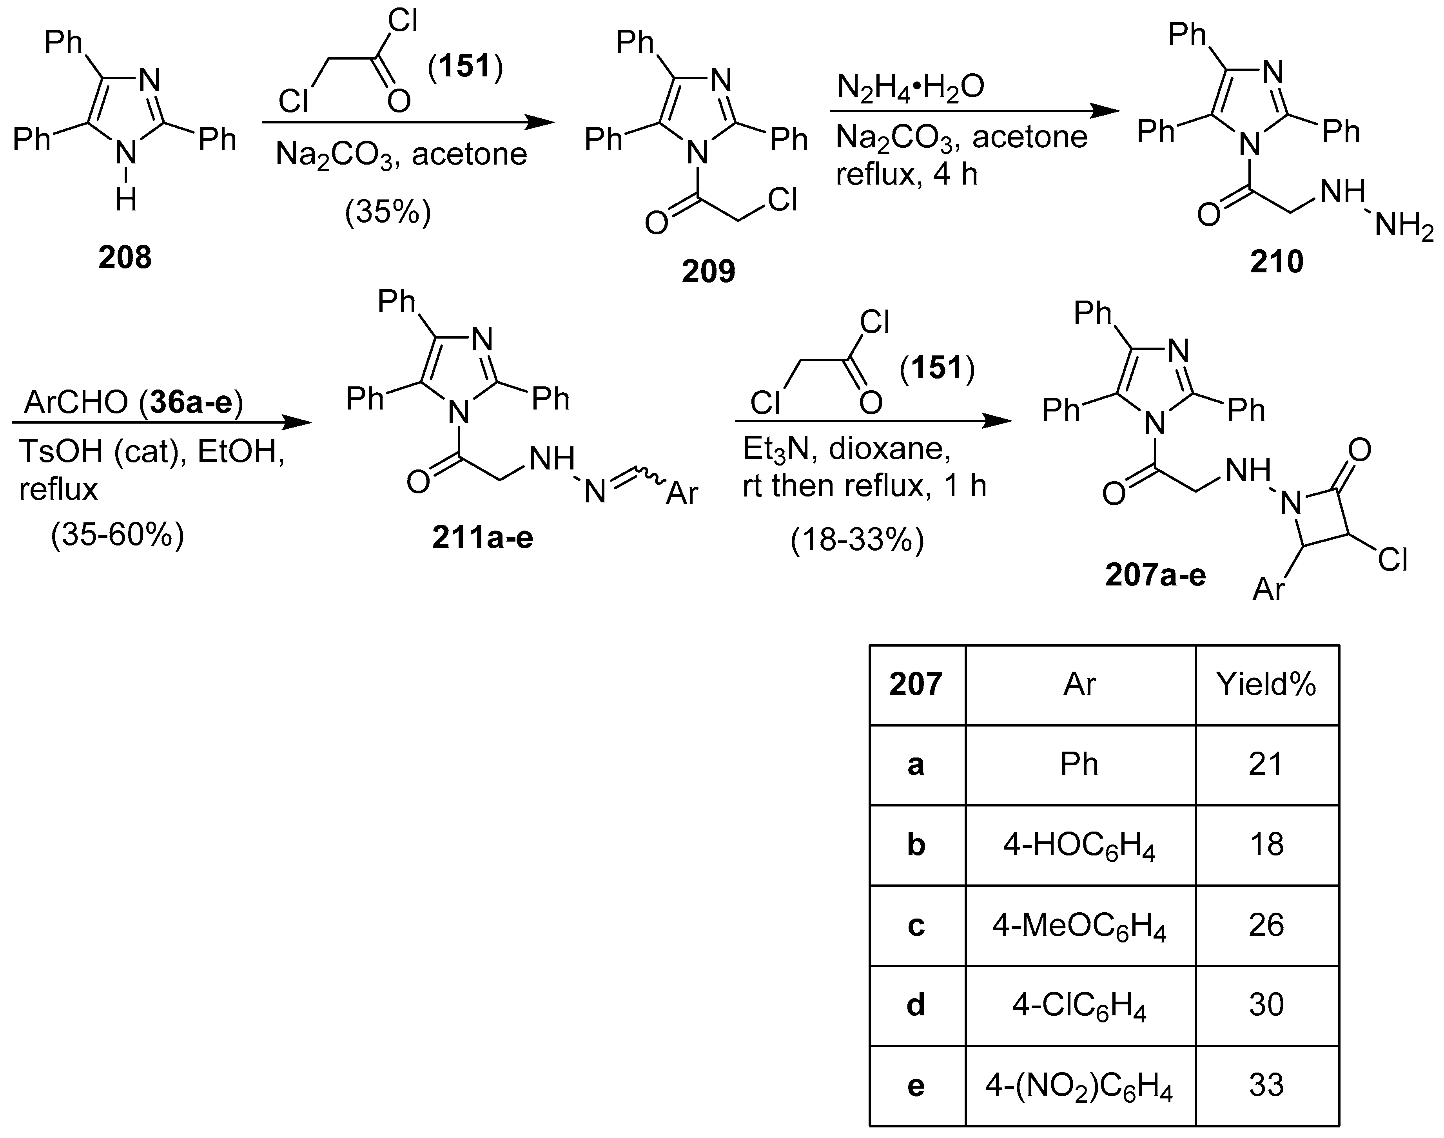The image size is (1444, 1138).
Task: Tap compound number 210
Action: tap(1276, 262)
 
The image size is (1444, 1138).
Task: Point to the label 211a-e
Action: tap(483, 537)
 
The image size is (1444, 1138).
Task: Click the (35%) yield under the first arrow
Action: tap(388, 212)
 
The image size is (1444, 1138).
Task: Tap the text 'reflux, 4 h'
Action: tap(906, 174)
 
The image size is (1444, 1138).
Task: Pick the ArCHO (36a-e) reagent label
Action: tap(133, 402)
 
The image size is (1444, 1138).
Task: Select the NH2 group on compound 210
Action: tap(1403, 227)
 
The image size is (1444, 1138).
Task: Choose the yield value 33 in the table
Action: tap(1266, 1085)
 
